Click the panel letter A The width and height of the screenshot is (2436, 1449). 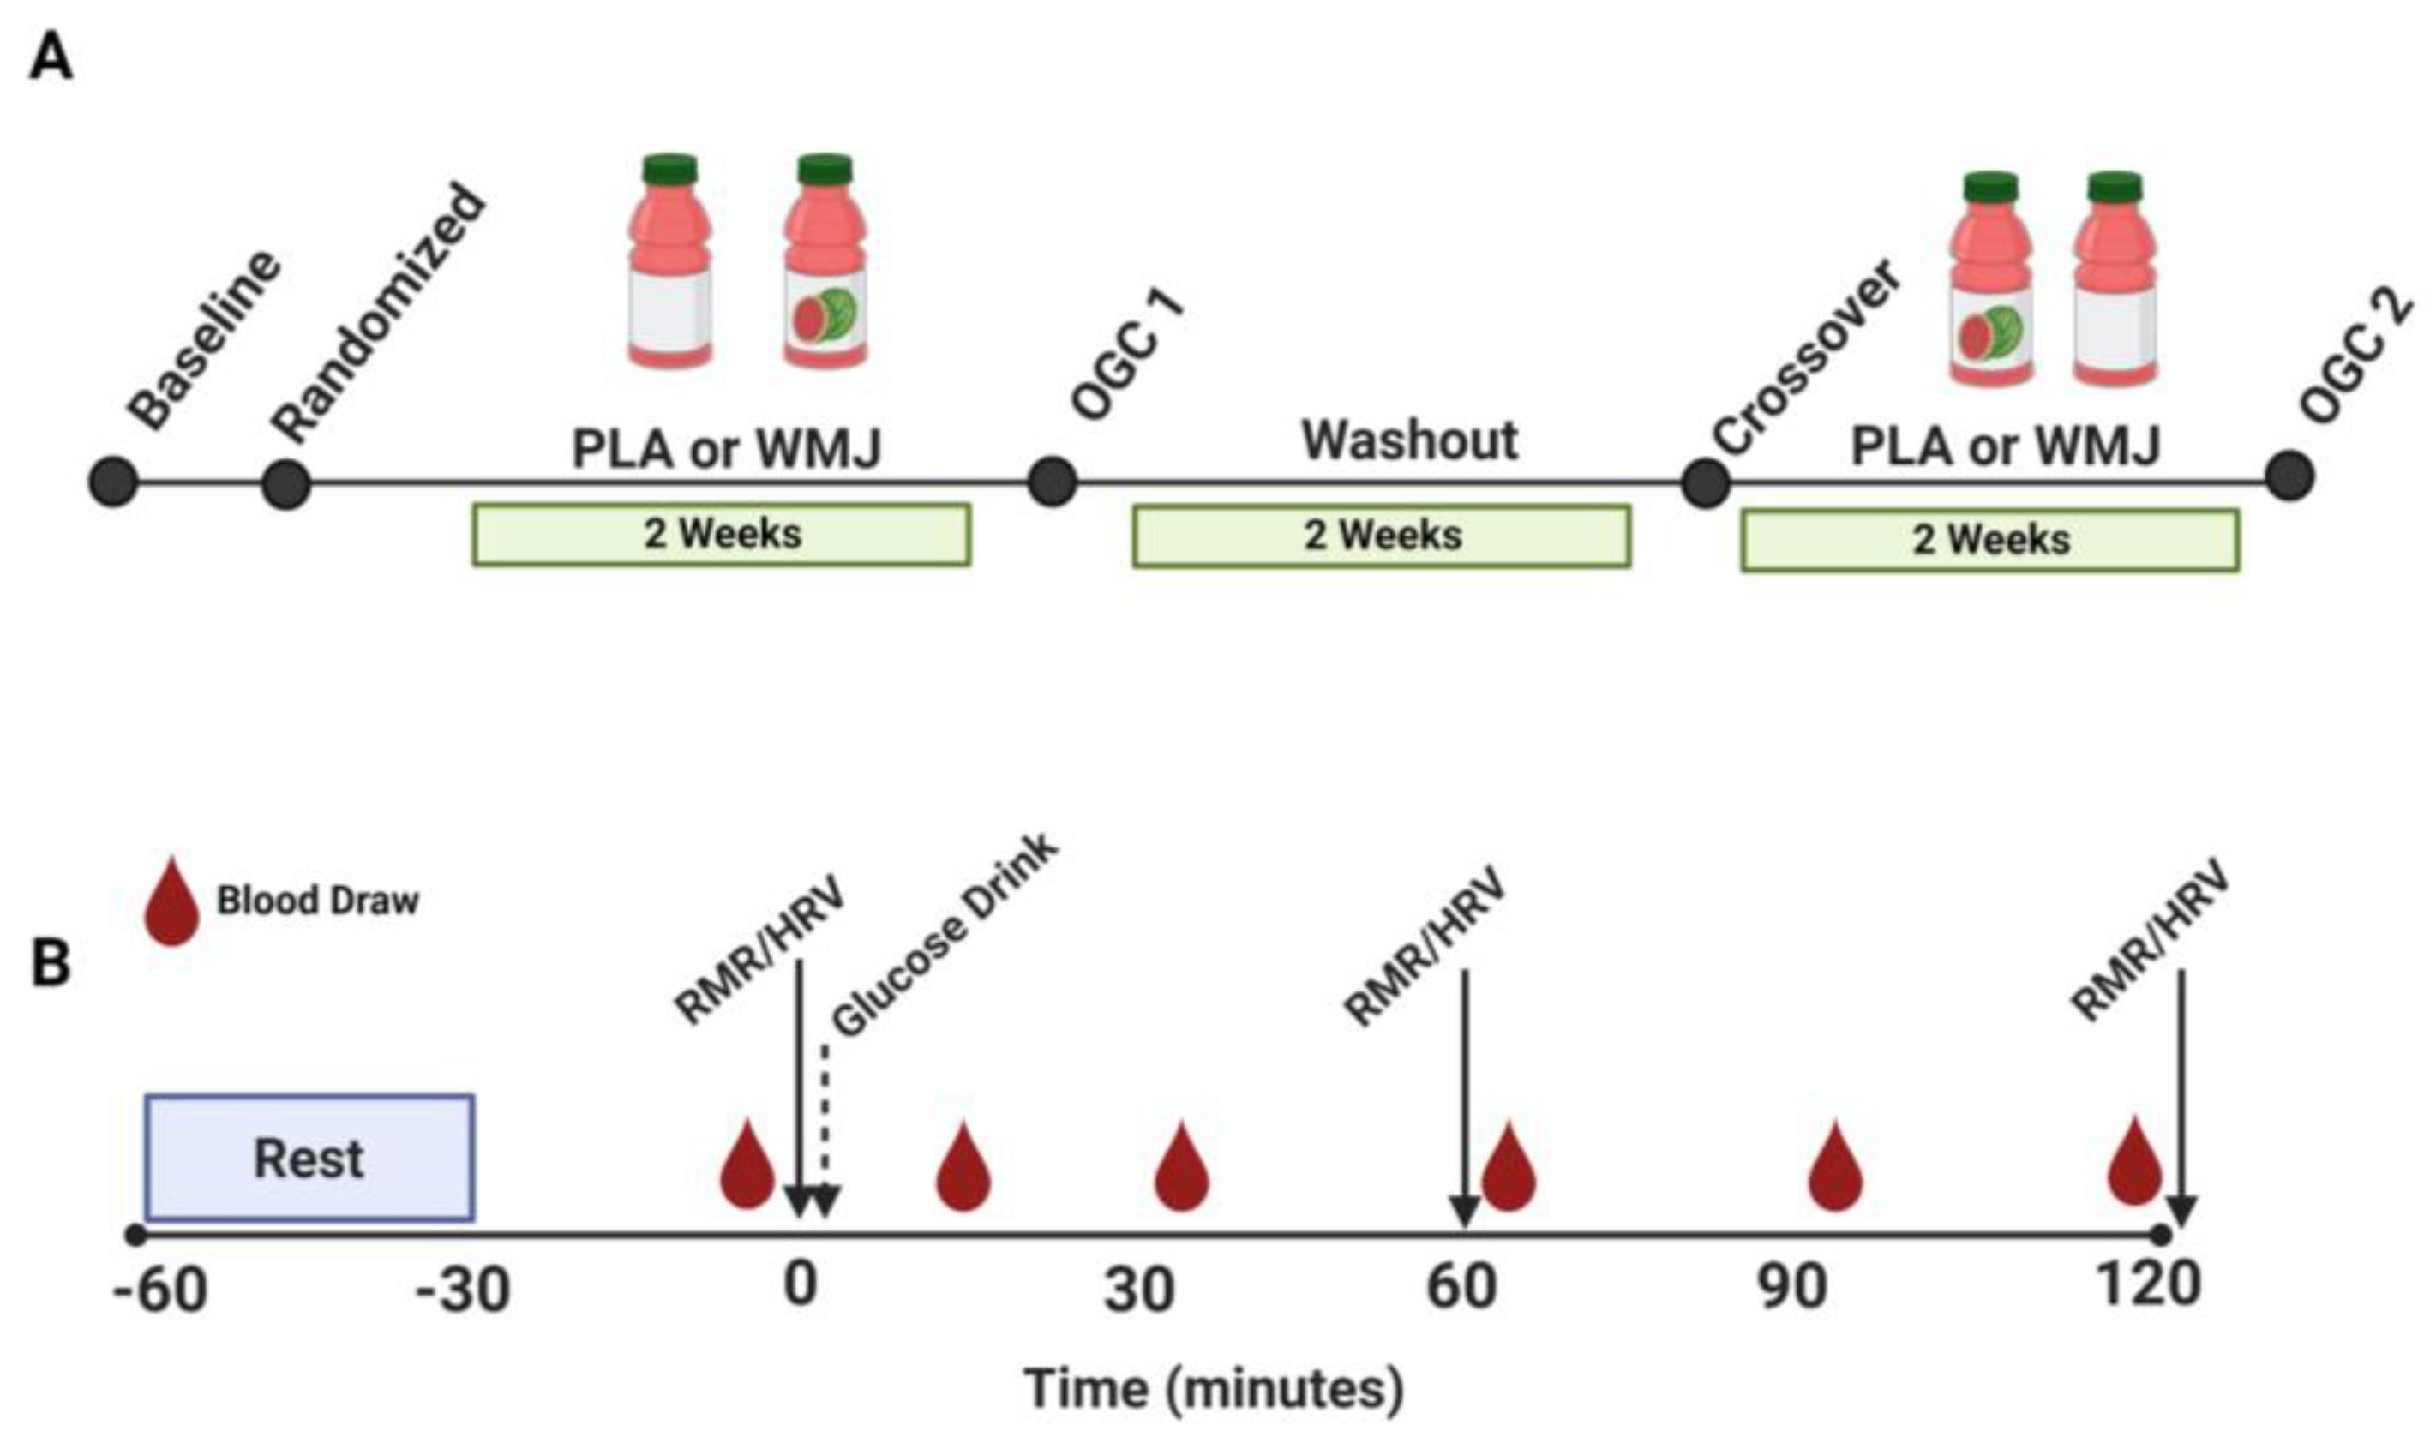[x=51, y=57]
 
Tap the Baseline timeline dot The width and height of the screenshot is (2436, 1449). [x=113, y=482]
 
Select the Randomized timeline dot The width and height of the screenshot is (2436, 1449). [x=286, y=483]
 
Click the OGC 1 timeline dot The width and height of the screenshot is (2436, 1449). [x=1052, y=482]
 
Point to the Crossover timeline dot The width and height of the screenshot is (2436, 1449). [x=1706, y=483]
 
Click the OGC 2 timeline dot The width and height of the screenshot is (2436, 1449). [x=2289, y=477]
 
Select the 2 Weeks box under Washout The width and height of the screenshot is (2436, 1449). [x=1381, y=535]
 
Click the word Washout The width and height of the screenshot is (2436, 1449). [x=1409, y=440]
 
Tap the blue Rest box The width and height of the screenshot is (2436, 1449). [x=309, y=1158]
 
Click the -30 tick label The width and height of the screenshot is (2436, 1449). [x=462, y=1290]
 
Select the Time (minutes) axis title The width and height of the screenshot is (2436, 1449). [x=1213, y=1388]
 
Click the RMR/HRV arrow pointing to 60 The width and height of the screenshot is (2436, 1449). [x=1464, y=1104]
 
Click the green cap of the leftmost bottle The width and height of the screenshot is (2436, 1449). [x=670, y=169]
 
